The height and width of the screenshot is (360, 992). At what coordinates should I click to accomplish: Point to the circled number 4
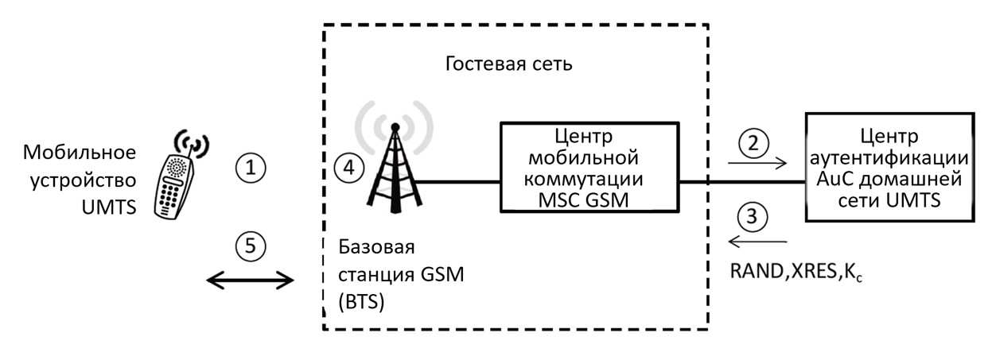[x=348, y=168]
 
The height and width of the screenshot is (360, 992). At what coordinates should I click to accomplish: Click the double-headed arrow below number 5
[x=250, y=279]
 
